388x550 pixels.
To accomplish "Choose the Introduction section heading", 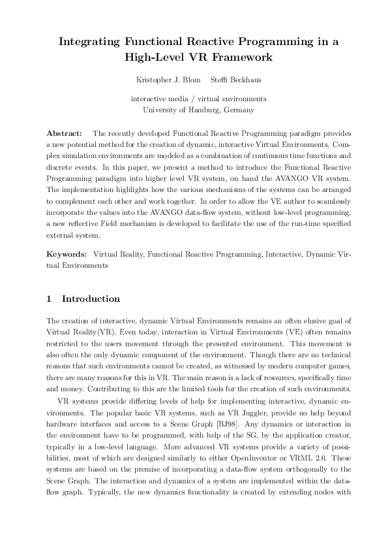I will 91,299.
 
